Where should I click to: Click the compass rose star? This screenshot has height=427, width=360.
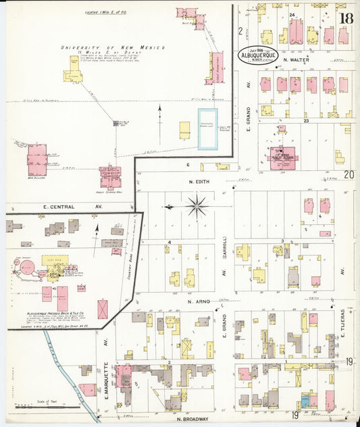coord(197,205)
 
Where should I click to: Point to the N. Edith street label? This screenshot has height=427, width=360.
coord(200,181)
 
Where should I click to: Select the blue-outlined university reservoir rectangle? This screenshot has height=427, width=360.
coord(207,129)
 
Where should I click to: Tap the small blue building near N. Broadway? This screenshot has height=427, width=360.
coord(305,401)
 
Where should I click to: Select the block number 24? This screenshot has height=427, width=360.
coord(292,14)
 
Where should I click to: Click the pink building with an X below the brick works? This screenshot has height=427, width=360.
coord(102,309)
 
